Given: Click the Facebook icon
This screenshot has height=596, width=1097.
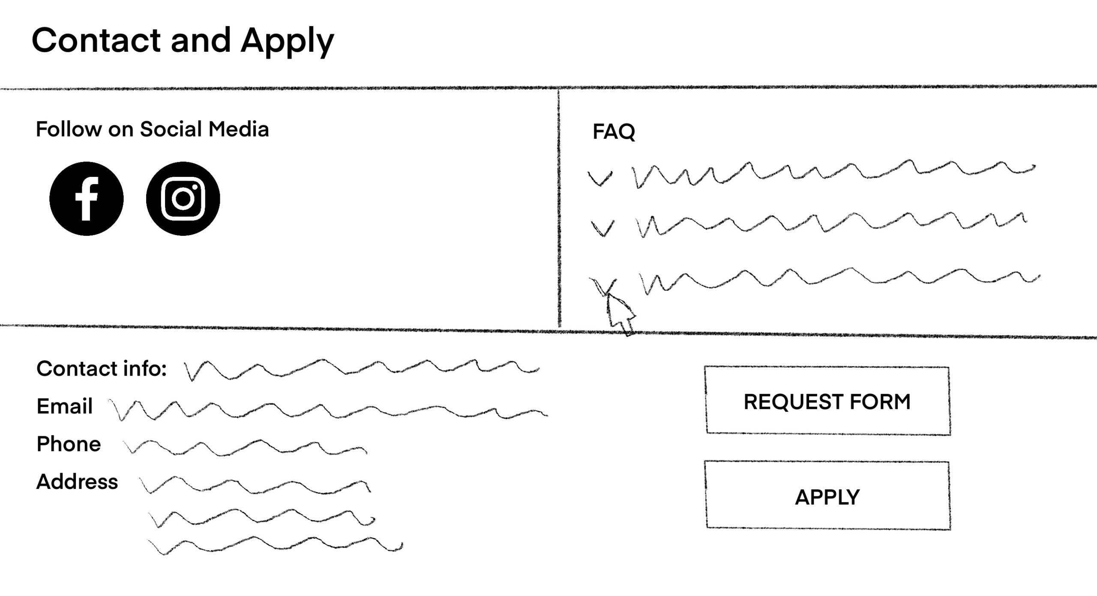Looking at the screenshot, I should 87,199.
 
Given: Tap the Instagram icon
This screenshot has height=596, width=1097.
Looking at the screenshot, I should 183,199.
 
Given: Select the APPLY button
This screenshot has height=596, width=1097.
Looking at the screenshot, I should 827,496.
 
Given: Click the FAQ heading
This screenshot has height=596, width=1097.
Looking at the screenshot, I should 614,131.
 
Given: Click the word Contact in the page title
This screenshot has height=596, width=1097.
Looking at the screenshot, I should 96,40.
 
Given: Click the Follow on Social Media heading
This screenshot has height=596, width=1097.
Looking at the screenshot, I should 152,129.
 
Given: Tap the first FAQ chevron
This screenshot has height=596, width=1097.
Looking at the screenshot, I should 600,178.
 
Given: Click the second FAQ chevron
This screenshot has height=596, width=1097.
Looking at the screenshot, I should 602,228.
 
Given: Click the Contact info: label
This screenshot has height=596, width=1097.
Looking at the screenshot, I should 102,368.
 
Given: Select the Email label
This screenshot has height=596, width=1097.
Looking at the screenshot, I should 64,406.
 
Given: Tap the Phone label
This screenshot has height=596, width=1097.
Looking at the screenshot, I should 69,444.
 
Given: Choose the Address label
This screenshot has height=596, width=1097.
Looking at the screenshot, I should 77,482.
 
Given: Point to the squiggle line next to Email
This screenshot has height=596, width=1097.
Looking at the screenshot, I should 328,410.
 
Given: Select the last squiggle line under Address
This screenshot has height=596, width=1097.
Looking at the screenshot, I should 274,545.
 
